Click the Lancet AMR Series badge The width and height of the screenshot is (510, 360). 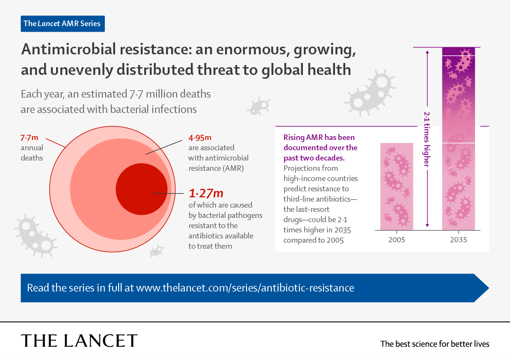coord(62,24)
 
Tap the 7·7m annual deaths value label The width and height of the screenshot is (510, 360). coord(30,138)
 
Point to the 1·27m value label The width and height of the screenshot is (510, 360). coord(206,193)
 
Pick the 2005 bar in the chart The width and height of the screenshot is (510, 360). coord(397,187)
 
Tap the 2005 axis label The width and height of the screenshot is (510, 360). coord(397,240)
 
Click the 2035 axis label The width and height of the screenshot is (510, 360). coord(458,240)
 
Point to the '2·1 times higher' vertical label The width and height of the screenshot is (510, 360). coord(427,139)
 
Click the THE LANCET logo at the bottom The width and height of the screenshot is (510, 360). coord(79,341)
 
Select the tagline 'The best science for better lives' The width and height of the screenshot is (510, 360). coord(435,344)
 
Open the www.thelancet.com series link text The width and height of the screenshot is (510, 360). coord(245,288)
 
